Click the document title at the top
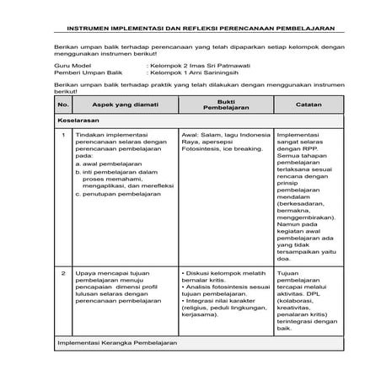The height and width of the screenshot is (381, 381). (190, 24)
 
